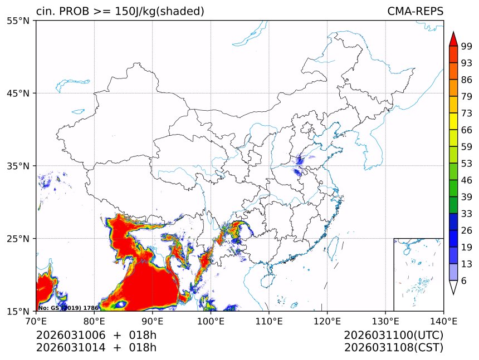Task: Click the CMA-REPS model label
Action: click(x=415, y=12)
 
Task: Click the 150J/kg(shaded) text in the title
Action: click(x=158, y=12)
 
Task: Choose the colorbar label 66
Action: click(x=467, y=130)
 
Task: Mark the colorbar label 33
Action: click(x=467, y=214)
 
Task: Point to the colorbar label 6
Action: click(x=464, y=280)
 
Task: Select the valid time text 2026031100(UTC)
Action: click(x=393, y=336)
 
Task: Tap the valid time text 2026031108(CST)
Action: click(x=393, y=348)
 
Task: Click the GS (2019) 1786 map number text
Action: click(x=69, y=308)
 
